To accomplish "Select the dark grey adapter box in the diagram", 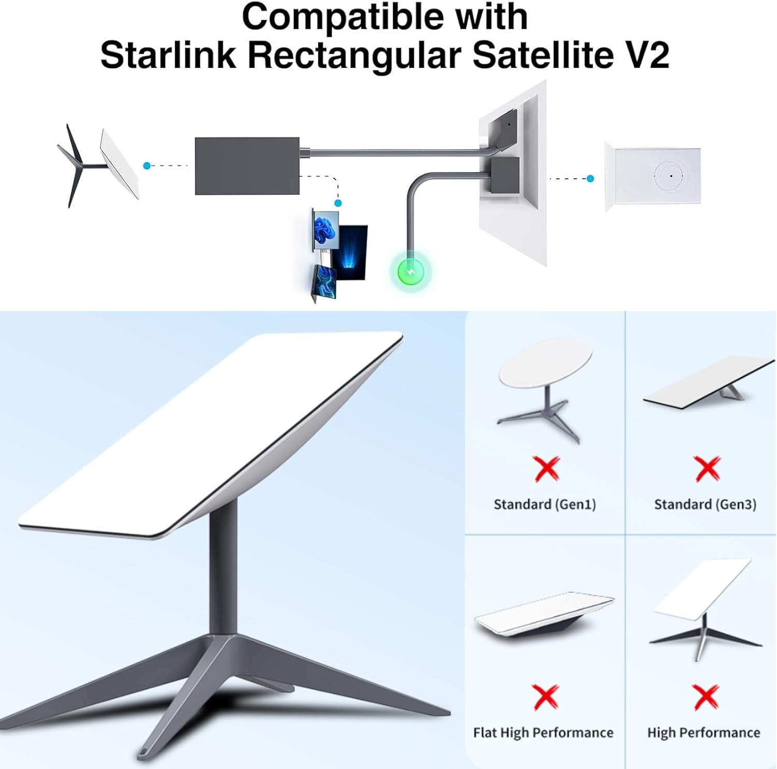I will tap(247, 166).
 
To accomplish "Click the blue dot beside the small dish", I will tap(147, 166).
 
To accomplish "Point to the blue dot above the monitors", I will tap(338, 203).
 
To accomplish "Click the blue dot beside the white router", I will tap(590, 178).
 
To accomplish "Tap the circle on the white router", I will tap(671, 176).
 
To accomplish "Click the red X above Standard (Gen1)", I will tap(547, 468).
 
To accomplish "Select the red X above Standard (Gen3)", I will tap(707, 468).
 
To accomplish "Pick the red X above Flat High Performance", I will tap(545, 696).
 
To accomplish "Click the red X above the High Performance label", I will tap(706, 696).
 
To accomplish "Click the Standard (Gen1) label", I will tap(544, 505).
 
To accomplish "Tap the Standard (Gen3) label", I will tap(705, 505).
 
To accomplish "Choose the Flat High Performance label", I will tap(543, 733).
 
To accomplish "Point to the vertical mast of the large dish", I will tap(223, 570).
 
